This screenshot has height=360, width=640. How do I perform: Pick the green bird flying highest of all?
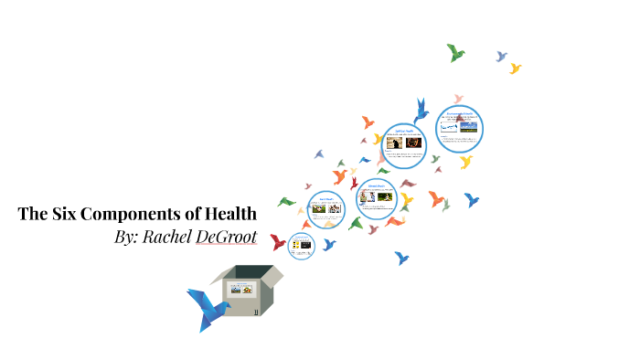coord(456,52)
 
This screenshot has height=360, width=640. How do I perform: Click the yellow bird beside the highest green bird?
coord(515,69)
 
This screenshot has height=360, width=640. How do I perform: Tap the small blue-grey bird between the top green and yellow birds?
coord(501,57)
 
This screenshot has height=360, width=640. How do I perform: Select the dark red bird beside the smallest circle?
coord(278,242)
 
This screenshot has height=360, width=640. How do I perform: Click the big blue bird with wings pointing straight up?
coord(421,111)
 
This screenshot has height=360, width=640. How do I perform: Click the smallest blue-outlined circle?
coord(300,246)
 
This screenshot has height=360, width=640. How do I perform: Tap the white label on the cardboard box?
coord(241,291)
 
